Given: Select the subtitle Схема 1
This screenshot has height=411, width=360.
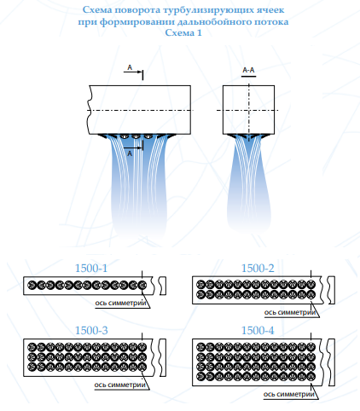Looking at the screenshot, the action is [x=183, y=32].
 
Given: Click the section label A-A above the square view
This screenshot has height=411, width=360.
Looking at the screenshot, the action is [x=248, y=70].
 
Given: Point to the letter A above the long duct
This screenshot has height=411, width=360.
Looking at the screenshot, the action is [x=130, y=67].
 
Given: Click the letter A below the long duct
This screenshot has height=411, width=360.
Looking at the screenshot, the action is [x=130, y=153].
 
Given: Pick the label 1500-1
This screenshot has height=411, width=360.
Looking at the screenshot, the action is [x=91, y=268].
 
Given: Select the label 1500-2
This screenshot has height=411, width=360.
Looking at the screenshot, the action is [x=258, y=268].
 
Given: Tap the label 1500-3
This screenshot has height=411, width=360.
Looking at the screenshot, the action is [x=91, y=330].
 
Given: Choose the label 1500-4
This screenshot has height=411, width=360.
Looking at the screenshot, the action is [x=258, y=330].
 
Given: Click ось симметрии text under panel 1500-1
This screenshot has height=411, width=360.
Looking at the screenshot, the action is [x=120, y=303].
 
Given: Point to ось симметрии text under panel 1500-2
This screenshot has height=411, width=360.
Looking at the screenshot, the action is [x=290, y=312].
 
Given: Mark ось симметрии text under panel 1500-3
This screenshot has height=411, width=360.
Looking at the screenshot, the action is [x=120, y=385].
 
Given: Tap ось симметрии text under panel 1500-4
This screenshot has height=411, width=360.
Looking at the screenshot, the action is [x=289, y=394].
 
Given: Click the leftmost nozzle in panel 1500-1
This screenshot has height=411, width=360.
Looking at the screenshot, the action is [x=32, y=285].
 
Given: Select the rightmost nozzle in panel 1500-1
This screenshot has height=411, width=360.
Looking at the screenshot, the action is [x=142, y=285].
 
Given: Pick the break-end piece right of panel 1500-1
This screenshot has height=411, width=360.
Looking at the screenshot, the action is [x=163, y=286].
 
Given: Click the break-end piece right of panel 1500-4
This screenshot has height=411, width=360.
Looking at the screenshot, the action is [x=331, y=362].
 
